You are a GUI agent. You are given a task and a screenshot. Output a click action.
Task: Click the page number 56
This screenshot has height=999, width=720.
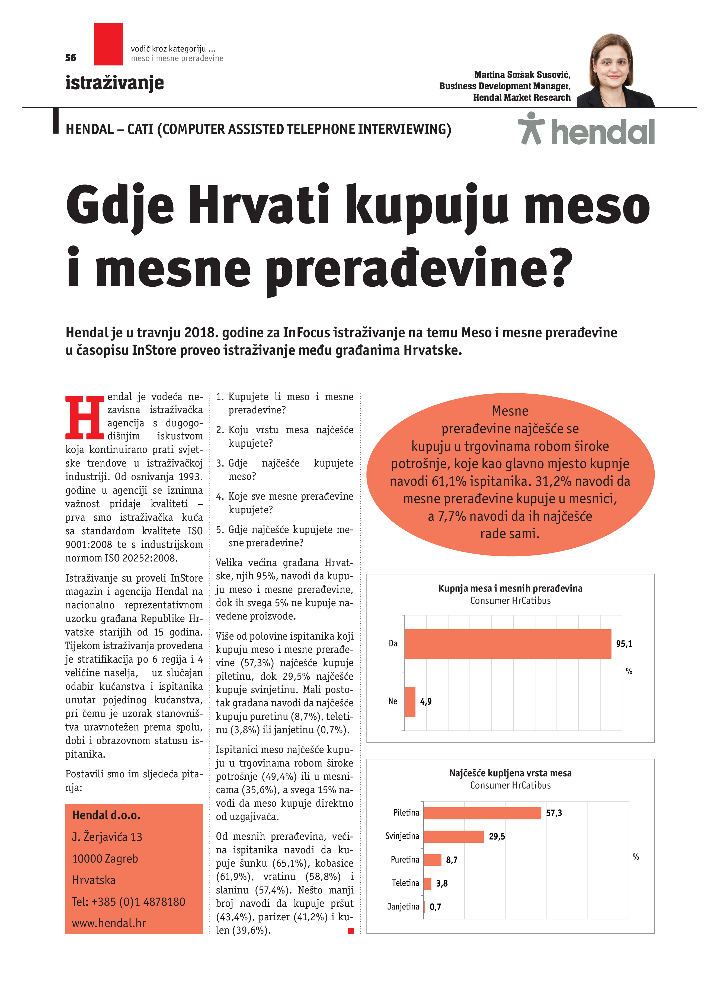point(71,58)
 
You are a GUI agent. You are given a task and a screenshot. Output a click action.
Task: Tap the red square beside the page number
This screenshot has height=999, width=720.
point(108,44)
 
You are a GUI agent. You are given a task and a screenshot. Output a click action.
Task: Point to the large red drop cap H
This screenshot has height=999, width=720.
point(85,417)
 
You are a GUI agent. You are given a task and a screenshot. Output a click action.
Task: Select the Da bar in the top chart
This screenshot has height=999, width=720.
point(507,644)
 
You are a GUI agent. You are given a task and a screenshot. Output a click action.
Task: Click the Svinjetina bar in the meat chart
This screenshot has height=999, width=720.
point(454,836)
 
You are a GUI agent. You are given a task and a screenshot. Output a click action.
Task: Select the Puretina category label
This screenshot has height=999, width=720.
point(405,859)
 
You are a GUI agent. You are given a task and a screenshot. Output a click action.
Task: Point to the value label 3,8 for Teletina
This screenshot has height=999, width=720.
point(442,883)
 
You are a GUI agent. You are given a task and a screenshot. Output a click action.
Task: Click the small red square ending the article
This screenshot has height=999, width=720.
point(351,930)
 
